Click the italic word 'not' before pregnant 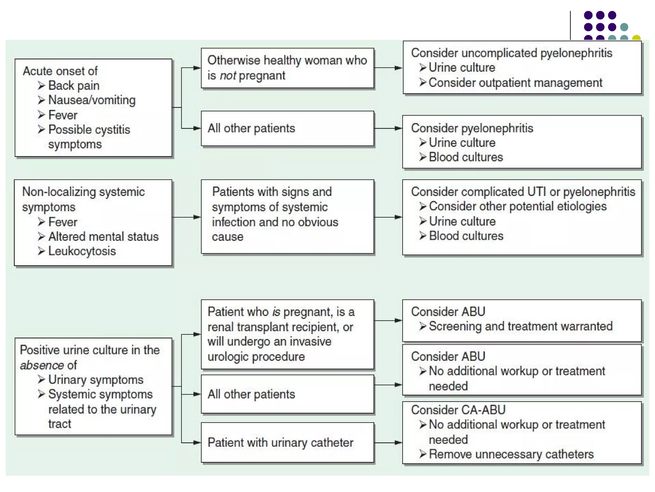[228, 76]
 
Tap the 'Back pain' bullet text [74, 86]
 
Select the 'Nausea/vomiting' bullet [92, 100]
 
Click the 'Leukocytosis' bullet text [82, 251]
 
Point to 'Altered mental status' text [103, 237]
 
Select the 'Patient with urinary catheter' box [287, 443]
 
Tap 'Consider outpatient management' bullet [515, 83]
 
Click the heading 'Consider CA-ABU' [458, 410]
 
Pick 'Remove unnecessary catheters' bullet [511, 454]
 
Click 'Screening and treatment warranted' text [520, 326]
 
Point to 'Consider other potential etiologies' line [517, 206]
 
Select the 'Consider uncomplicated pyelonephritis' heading [511, 53]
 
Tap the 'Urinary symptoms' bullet [96, 380]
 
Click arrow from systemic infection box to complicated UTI [397, 217]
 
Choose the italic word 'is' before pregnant [276, 312]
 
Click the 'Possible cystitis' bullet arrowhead [41, 129]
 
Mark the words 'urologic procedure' [256, 357]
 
